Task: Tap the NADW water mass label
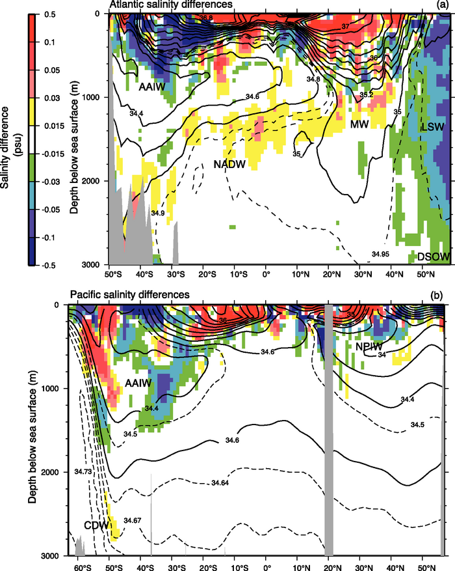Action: pos(229,165)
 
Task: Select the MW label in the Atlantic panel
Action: pos(360,124)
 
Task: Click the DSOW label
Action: pos(434,257)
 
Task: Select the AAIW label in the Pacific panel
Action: pos(135,384)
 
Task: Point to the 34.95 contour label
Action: pos(381,254)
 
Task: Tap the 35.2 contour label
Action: pos(366,95)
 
